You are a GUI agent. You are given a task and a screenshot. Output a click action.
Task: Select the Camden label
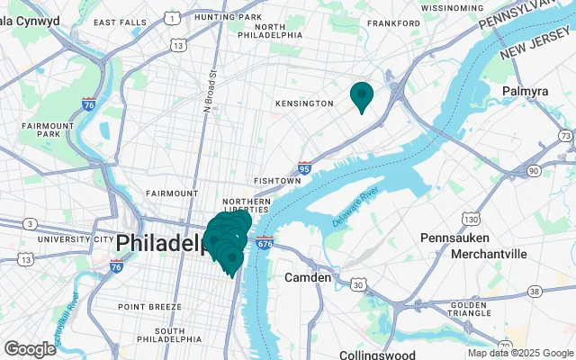[x=308, y=277]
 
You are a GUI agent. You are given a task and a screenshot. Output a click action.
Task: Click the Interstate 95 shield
[x=304, y=167]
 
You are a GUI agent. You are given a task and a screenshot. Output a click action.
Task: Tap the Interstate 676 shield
[x=264, y=243]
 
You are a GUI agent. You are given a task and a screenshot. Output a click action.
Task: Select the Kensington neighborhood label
[x=304, y=104]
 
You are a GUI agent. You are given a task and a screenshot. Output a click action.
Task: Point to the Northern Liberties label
[x=247, y=206]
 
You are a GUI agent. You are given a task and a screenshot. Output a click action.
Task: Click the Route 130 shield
[x=471, y=220]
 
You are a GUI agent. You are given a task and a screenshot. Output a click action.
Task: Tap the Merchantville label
[x=490, y=255]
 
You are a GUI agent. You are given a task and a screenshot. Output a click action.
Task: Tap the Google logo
[x=30, y=348]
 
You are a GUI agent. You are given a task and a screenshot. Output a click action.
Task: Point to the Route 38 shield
[x=535, y=291]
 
